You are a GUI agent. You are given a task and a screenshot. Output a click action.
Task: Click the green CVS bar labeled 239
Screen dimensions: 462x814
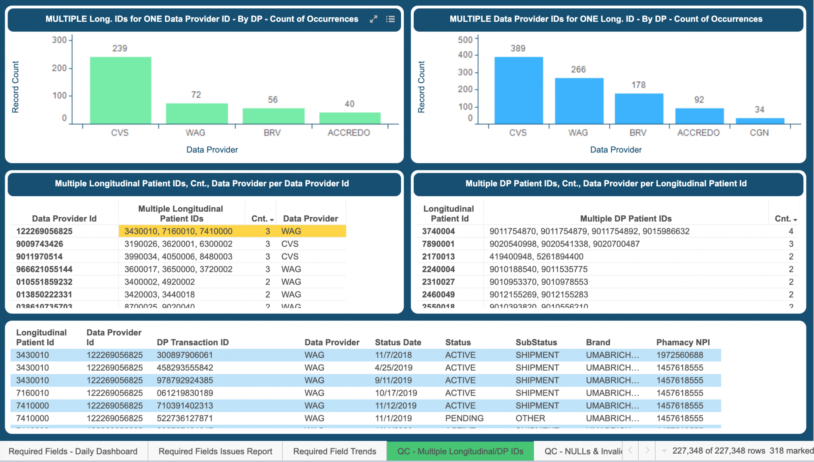(x=120, y=90)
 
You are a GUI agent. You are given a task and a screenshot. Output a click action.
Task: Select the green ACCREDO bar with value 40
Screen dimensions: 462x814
(x=350, y=118)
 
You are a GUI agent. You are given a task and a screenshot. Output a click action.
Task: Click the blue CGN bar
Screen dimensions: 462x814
(x=760, y=121)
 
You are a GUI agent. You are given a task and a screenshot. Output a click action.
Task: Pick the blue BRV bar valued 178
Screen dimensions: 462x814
(x=639, y=108)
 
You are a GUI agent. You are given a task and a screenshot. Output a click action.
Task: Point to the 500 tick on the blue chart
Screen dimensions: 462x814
(x=465, y=40)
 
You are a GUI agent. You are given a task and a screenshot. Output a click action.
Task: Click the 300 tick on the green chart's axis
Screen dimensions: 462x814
(x=59, y=40)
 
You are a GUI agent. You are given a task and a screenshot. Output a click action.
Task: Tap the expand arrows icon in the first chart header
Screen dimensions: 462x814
(x=373, y=19)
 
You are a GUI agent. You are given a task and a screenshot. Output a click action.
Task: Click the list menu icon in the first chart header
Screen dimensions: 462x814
(x=390, y=19)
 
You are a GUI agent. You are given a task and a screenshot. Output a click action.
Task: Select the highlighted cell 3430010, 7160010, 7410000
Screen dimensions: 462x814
(x=178, y=231)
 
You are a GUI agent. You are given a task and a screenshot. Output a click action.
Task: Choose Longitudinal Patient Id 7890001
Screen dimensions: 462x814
(x=438, y=244)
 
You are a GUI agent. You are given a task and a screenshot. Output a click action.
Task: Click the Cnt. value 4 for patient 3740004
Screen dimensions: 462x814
(x=791, y=231)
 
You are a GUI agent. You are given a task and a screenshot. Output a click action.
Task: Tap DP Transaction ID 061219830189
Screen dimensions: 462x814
(x=185, y=393)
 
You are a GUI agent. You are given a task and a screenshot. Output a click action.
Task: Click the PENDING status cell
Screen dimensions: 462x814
(x=464, y=418)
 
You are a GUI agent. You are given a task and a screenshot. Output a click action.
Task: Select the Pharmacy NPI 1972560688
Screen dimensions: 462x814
(x=680, y=355)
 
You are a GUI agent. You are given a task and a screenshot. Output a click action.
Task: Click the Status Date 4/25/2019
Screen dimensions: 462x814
(x=393, y=367)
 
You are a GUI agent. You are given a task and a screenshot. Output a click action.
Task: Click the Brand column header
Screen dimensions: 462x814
(x=598, y=342)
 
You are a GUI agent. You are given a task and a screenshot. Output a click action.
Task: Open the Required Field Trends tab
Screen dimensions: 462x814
(x=334, y=451)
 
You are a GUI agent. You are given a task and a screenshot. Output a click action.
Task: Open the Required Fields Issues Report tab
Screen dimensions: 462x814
(x=215, y=451)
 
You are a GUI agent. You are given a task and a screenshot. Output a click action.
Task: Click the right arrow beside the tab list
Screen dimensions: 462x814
(x=647, y=450)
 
